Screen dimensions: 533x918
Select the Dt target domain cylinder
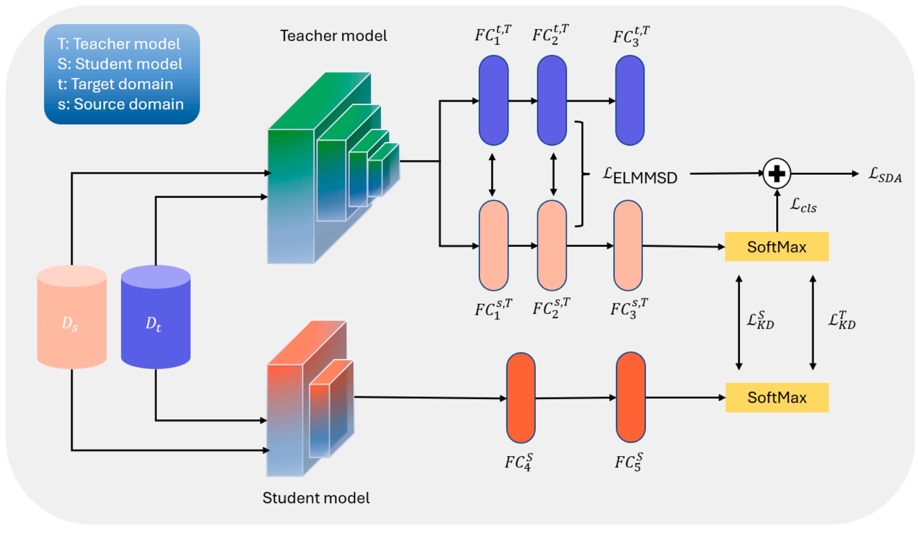155,314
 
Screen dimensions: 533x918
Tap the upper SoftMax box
777,247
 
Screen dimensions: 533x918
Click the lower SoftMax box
777,397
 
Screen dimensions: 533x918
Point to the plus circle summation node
776,174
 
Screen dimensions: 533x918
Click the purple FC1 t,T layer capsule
492,100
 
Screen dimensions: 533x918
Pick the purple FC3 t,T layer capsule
630,100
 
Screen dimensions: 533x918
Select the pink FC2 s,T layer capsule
553,245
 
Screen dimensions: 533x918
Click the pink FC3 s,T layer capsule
628,245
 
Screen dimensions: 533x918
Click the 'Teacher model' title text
333,36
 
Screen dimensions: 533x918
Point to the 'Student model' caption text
316,498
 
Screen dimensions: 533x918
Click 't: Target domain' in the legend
122,84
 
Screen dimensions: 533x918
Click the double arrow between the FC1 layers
492,174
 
